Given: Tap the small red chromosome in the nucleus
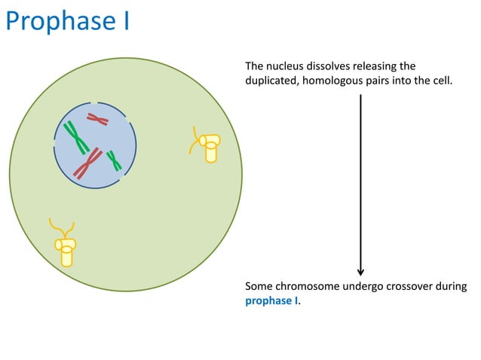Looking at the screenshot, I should coord(97,118).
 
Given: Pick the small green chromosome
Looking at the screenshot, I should coord(114,160).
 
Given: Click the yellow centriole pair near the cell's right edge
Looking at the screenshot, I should coord(207,145).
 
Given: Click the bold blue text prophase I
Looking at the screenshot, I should coord(271,301).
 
